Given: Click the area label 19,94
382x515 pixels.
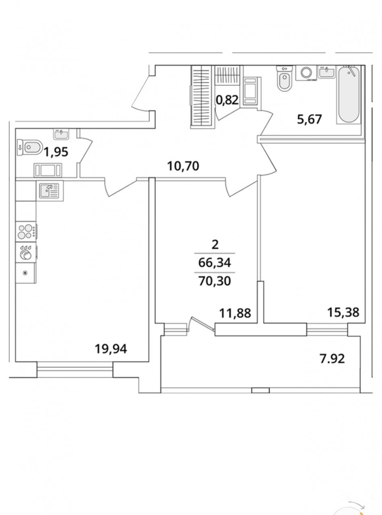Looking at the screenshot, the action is coord(111,349).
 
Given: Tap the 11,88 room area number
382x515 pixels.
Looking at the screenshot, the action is coord(235,313).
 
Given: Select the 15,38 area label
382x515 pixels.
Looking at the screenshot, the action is coord(343,312).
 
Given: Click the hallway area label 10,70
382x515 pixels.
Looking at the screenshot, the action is coord(183,166).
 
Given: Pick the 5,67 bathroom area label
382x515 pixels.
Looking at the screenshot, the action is coord(310,119).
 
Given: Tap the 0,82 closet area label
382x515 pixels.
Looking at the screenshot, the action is coord(227,100).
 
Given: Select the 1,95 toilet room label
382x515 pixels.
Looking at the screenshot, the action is coord(56,152).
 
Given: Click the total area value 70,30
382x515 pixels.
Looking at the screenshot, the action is coord(215,281).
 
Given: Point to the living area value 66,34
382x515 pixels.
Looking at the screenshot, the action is coord(215,263).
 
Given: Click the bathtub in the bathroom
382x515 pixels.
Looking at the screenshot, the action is coord(349,95).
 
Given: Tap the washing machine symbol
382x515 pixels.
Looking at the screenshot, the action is coord(306,73).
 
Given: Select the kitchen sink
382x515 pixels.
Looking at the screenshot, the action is coord(50,191).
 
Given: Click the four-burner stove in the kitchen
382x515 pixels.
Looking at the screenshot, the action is coord(26,231).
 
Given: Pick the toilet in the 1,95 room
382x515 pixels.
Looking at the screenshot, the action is coord(29,147).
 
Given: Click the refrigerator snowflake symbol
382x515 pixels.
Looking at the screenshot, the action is coord(25,273).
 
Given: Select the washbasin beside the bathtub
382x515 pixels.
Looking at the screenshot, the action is coord(327,72).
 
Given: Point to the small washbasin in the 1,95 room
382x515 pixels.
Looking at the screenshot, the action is coord(61,134).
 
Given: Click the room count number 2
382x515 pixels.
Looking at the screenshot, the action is coord(215,245).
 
